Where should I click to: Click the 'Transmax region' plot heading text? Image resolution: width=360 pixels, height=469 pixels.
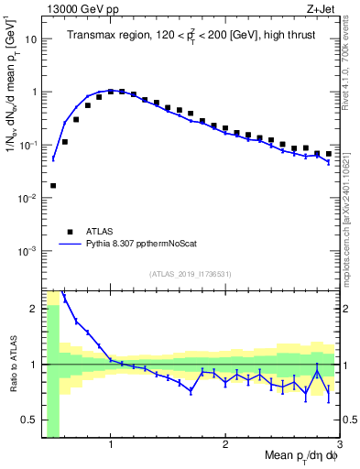point(190,36)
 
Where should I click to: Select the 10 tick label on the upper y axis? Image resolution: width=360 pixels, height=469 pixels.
point(31,39)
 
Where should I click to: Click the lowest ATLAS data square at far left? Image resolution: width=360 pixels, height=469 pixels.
point(53,185)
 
